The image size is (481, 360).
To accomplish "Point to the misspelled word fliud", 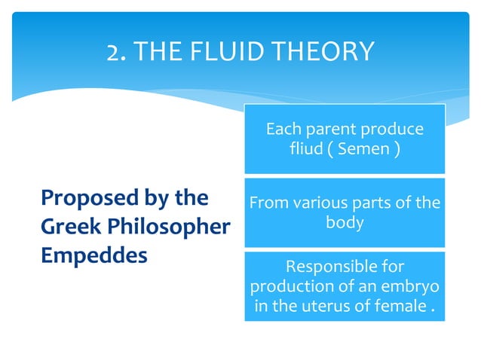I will click(305, 148).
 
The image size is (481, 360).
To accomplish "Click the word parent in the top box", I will click(329, 130).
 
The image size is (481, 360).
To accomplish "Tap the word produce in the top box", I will click(394, 130).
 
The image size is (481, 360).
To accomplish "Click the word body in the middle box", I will click(345, 222).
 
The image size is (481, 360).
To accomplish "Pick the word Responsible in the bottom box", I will click(345, 267).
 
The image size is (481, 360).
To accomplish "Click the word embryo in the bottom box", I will click(413, 287).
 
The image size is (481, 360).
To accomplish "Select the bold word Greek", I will click(66, 227).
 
